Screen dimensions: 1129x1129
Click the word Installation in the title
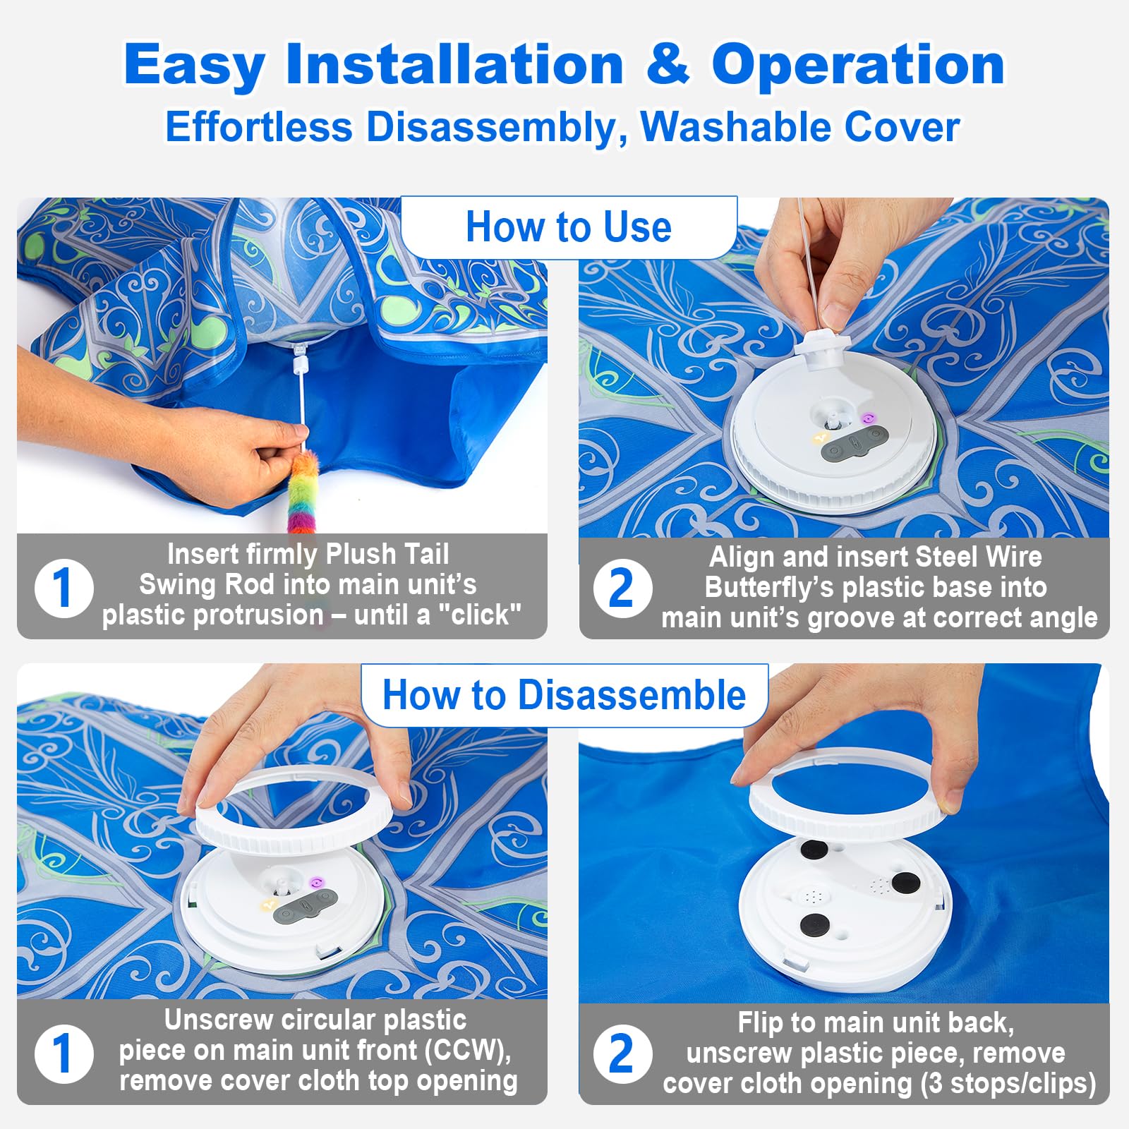[454, 65]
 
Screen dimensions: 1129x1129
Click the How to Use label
[568, 227]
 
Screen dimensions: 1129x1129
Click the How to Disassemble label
[564, 695]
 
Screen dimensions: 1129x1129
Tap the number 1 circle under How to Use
[64, 588]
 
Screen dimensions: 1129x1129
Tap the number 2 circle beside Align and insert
[622, 588]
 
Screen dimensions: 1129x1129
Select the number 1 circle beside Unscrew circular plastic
[64, 1053]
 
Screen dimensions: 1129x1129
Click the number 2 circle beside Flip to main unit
[622, 1053]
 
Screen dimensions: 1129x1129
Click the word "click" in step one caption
[479, 615]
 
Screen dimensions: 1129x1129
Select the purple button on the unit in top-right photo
[868, 419]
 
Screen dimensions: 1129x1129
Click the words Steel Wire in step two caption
[978, 557]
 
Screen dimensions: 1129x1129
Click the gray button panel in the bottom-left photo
[306, 905]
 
